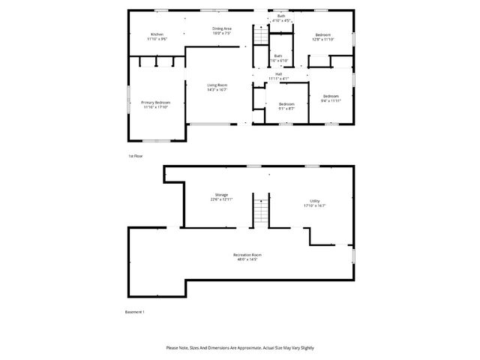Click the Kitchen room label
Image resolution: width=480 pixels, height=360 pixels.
(157, 34)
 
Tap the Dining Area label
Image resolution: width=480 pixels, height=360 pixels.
(221, 28)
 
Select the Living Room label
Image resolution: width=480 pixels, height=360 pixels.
(217, 85)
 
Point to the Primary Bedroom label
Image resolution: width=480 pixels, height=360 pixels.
(156, 102)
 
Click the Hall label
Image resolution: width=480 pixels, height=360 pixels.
(278, 73)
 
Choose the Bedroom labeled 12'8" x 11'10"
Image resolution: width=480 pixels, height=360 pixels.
(323, 35)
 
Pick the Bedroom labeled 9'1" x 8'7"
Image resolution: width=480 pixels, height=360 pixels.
(286, 103)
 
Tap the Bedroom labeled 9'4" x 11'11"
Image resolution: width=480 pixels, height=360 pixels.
(331, 96)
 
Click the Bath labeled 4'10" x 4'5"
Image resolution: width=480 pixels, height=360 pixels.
(281, 16)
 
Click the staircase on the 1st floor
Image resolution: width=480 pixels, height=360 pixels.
(260, 35)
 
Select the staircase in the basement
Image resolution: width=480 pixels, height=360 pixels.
(259, 210)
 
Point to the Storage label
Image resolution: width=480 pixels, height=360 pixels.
(222, 195)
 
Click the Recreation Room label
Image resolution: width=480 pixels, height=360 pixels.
(247, 255)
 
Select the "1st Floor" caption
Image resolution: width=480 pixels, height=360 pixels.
(135, 155)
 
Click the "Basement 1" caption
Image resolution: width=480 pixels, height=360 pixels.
(134, 312)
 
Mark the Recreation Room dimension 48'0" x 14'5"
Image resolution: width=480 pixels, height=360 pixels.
(247, 259)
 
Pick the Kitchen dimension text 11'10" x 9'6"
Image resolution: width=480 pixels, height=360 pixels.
(157, 38)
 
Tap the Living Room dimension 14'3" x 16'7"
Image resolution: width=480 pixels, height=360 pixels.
(217, 89)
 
